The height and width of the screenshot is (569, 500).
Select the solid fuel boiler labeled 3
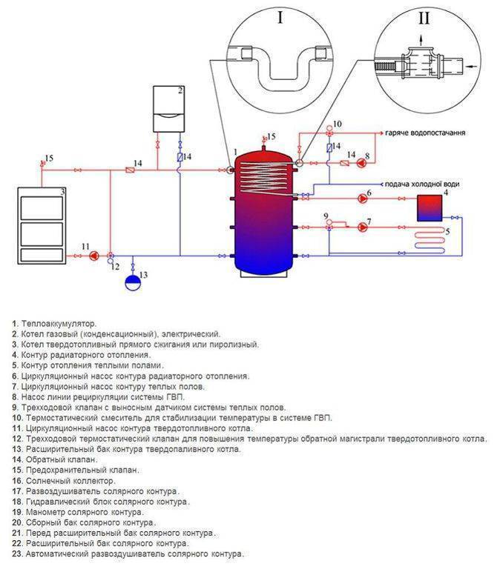tap(42, 225)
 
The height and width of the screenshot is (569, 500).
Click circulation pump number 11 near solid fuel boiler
tap(94, 256)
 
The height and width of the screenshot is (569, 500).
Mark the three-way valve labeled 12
tap(111, 256)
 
